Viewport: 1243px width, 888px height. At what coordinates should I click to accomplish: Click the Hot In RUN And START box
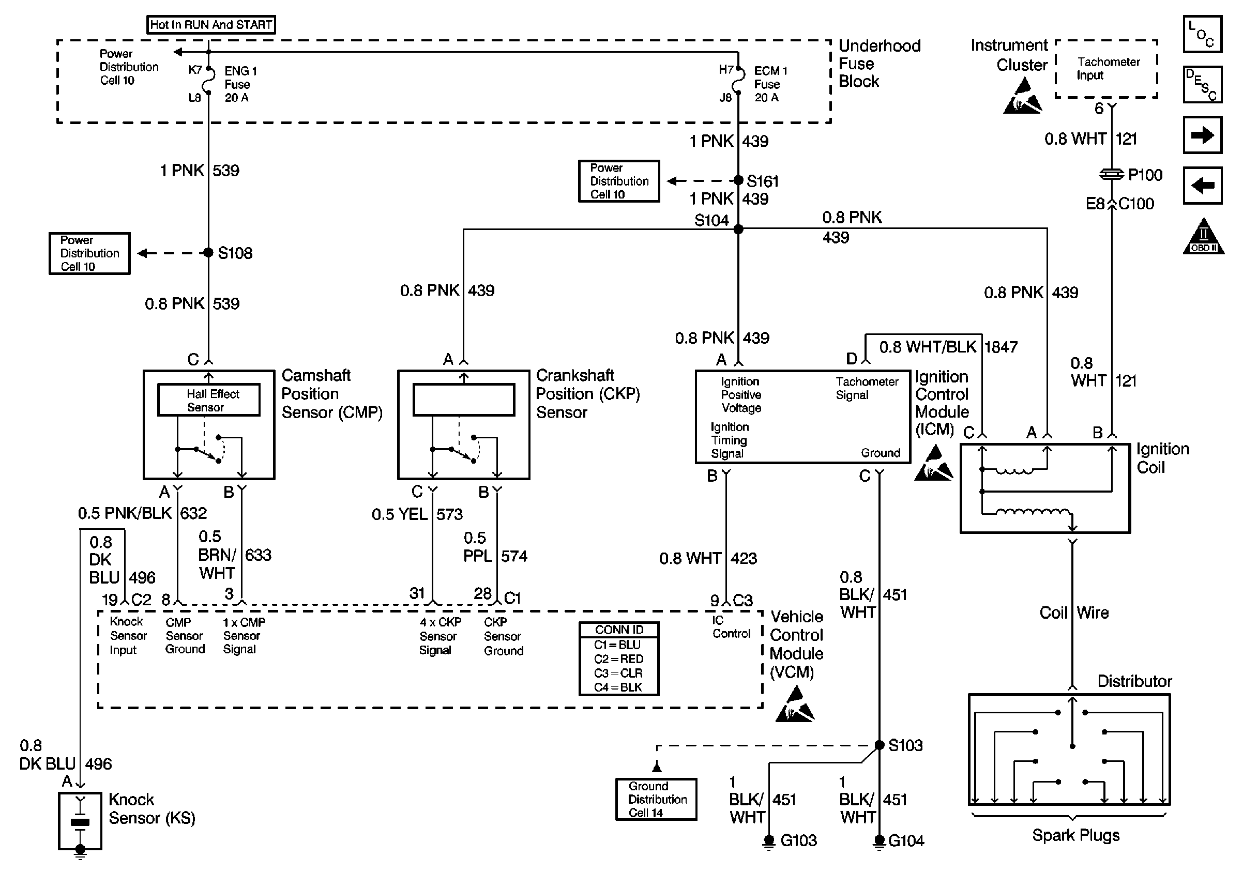pos(211,25)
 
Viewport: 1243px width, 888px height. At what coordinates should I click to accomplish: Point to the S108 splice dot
pos(208,253)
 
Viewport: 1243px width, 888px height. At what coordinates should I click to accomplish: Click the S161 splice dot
pos(738,180)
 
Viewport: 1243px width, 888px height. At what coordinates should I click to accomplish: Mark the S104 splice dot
pos(738,229)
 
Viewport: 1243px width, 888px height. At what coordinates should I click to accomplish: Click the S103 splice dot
pos(880,745)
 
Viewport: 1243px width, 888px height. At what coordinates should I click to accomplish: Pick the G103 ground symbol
pos(769,841)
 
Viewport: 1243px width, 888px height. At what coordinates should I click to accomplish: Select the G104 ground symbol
pos(880,841)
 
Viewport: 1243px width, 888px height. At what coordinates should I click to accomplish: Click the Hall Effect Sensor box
pos(208,400)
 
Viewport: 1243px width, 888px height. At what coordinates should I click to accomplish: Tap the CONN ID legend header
pos(619,630)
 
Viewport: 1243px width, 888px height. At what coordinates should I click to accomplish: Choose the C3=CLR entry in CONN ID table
pos(619,673)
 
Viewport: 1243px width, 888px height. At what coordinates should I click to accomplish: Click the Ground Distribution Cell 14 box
pos(656,800)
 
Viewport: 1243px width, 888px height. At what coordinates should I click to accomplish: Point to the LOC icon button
pos(1202,34)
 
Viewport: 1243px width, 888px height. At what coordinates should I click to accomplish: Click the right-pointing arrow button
pos(1202,135)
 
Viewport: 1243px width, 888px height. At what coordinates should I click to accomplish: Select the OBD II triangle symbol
pos(1203,238)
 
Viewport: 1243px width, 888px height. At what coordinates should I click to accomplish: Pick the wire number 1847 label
pos(1001,347)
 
